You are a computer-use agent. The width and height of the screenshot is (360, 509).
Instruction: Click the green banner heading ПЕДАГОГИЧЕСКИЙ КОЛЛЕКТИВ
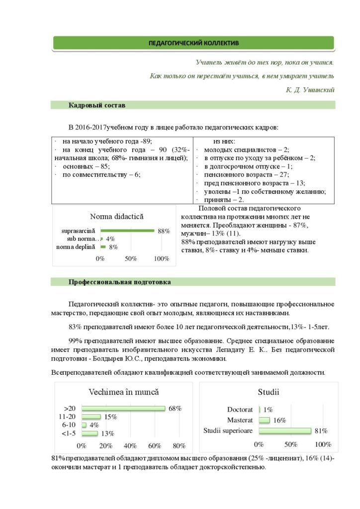pos(193,43)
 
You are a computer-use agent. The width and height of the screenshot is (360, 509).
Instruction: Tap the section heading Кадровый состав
pos(97,105)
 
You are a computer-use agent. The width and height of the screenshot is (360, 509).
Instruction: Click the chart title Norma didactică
pos(116,217)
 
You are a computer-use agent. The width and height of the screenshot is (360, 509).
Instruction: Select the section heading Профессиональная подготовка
pos(119,282)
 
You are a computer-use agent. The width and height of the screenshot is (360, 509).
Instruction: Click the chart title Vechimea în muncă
pos(123,392)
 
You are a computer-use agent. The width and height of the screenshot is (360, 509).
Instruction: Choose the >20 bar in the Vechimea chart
pos(123,409)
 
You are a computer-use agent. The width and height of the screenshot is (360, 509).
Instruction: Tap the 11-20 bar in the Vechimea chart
pos(91,417)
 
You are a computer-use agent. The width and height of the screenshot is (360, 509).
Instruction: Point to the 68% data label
pos(175,409)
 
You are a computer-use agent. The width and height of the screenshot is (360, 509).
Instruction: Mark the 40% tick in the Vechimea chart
pos(130,445)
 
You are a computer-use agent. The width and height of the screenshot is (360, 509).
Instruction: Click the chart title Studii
pos(268,392)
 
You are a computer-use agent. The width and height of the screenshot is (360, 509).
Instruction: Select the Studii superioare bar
pos(285,430)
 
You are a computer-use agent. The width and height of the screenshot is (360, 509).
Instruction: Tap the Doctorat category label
pos(240,410)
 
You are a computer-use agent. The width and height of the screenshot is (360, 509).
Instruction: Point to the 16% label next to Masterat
pos(279,421)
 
